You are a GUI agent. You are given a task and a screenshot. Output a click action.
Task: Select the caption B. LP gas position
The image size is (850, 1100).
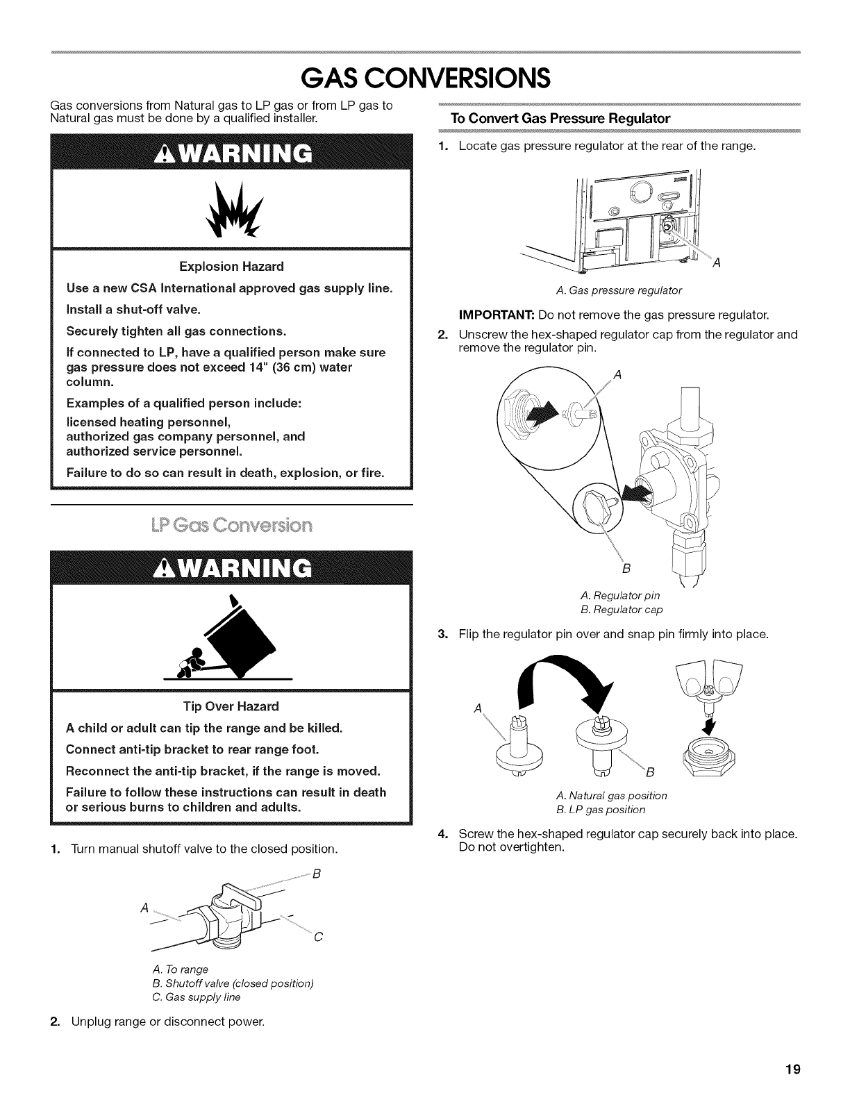(x=601, y=810)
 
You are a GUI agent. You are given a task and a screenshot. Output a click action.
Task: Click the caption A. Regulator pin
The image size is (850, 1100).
(x=620, y=595)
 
